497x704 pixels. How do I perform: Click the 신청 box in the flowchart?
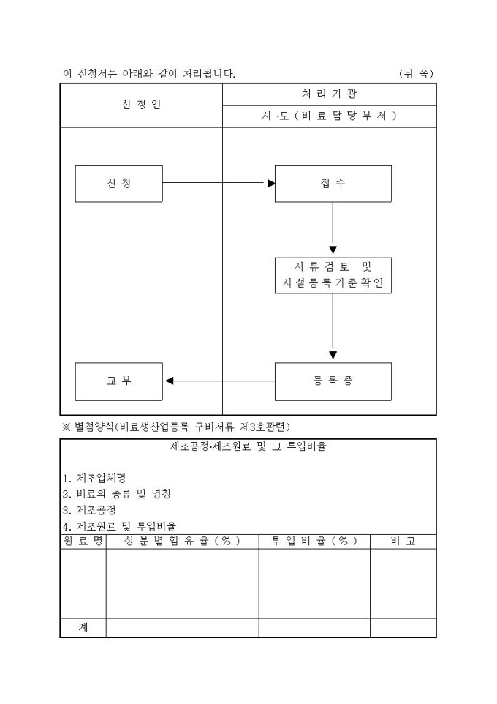pos(118,184)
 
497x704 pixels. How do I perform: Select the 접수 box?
pos(333,184)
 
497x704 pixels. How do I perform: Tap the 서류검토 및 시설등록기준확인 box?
pos(333,275)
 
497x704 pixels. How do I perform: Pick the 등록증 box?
pos(333,381)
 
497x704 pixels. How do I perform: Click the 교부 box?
pos(118,381)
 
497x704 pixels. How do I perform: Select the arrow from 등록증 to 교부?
pos(219,381)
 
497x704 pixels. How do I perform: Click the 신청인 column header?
pos(141,105)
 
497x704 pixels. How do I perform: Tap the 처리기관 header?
pos(329,94)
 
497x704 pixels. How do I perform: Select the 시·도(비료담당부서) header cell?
pos(329,116)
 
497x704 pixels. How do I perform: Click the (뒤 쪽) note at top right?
pos(417,73)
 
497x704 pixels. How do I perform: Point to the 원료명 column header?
pos(83,541)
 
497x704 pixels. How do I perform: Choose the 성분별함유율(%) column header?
pos(182,541)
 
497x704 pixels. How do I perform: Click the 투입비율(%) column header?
pos(314,541)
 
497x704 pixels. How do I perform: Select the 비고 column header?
pos(403,541)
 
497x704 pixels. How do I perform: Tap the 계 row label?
pos(83,627)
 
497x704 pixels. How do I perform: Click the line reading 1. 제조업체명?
pos(94,478)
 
